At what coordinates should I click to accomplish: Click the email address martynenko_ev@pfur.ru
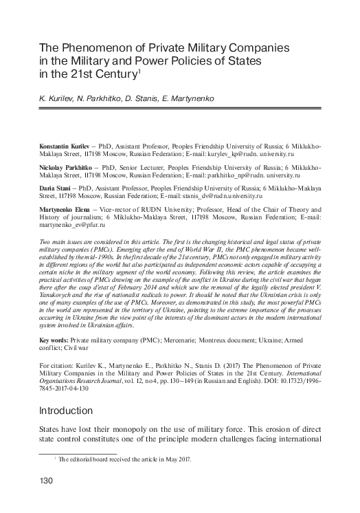point(74,225)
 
